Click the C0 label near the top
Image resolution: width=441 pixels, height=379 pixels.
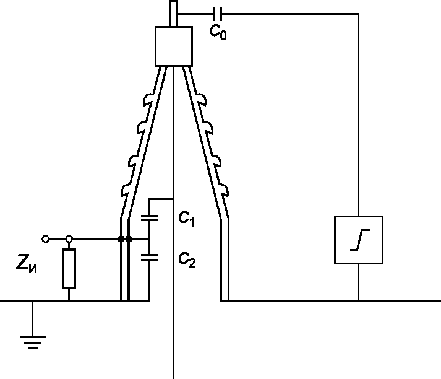218,33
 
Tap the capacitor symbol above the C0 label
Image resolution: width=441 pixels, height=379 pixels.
218,12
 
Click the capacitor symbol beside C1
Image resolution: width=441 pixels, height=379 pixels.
150,217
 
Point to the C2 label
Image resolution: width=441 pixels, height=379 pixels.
187,261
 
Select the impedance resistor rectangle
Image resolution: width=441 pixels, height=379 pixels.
69,269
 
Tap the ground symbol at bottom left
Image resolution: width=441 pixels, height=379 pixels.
33,339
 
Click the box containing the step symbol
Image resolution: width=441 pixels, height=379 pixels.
358,240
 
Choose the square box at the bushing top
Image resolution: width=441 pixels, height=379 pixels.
174,47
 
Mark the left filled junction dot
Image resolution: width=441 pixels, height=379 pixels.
120,239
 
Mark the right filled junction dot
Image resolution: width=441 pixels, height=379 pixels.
129,239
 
